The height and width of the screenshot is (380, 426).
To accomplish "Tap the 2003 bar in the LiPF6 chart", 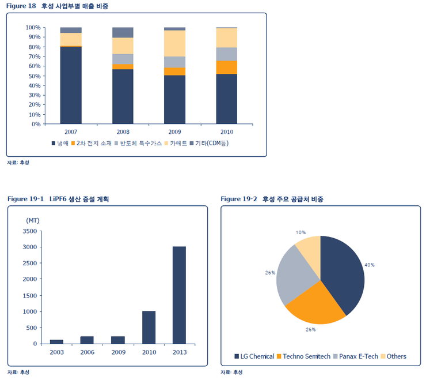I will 56,341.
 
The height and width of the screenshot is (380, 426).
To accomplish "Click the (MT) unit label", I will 33,220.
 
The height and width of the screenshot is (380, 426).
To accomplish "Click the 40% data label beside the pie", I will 370,265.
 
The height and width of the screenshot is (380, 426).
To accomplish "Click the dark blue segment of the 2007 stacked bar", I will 71,85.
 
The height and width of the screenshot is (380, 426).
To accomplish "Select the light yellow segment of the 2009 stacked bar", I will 174,43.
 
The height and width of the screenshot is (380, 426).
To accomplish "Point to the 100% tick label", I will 33,28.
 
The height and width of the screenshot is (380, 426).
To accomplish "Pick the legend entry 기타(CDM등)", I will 213,142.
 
